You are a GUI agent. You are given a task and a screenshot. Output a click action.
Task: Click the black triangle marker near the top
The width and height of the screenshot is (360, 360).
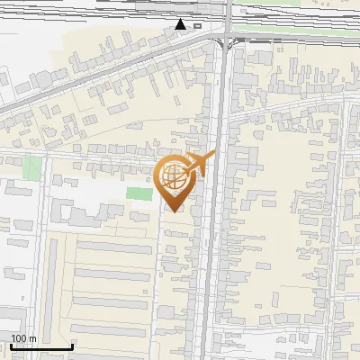(182, 24)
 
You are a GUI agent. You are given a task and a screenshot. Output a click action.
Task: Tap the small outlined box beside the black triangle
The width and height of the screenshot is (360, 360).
(197, 26)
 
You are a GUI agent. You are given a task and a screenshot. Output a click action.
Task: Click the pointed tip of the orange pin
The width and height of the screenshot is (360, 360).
(172, 211)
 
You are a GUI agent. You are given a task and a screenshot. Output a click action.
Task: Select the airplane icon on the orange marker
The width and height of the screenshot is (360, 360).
(200, 165)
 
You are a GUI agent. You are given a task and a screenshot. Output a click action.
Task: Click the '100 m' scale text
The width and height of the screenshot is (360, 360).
(23, 338)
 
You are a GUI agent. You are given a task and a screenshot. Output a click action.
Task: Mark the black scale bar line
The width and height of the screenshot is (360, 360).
(40, 346)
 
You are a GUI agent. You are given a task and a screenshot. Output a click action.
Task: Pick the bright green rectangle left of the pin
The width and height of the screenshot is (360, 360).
(139, 193)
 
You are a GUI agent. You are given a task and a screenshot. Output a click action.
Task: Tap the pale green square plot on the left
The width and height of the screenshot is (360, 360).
(32, 167)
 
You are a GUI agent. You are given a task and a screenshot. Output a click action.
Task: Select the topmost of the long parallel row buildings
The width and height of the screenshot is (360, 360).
(112, 247)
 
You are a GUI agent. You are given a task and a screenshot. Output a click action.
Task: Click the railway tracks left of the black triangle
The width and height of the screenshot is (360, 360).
(90, 9)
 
